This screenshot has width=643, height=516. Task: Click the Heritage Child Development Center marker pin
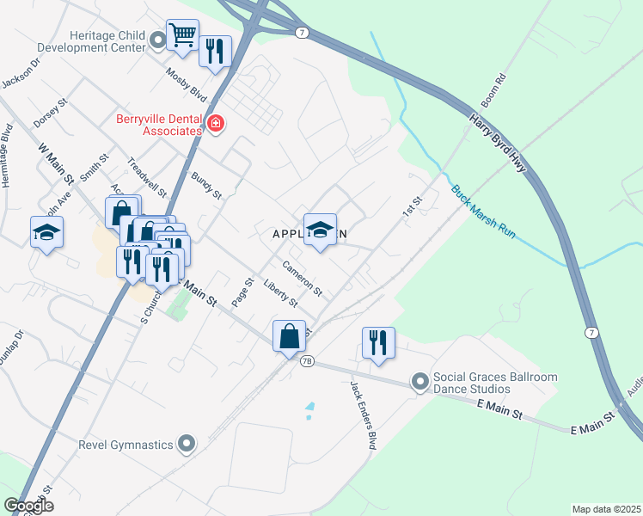(x=158, y=40)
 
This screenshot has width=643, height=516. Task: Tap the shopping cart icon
(x=182, y=35)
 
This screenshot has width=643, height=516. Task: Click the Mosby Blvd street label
(x=187, y=84)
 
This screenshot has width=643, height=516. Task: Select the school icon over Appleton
(x=320, y=230)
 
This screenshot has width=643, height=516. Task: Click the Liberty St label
(x=280, y=292)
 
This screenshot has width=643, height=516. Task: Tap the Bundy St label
(x=207, y=185)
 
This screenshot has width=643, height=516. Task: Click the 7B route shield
(x=306, y=361)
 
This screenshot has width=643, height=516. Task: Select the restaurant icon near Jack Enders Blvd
(x=378, y=342)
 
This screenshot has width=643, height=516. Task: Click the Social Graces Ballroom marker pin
(x=419, y=381)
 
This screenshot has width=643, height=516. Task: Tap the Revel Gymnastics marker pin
(x=187, y=445)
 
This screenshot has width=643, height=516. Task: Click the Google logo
(x=28, y=506)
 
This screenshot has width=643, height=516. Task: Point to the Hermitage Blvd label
(x=7, y=157)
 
